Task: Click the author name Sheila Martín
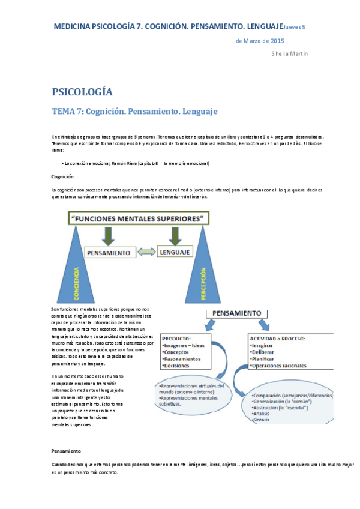click(290, 53)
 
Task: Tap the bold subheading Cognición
click(62, 176)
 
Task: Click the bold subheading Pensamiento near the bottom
click(66, 450)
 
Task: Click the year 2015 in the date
click(278, 41)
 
